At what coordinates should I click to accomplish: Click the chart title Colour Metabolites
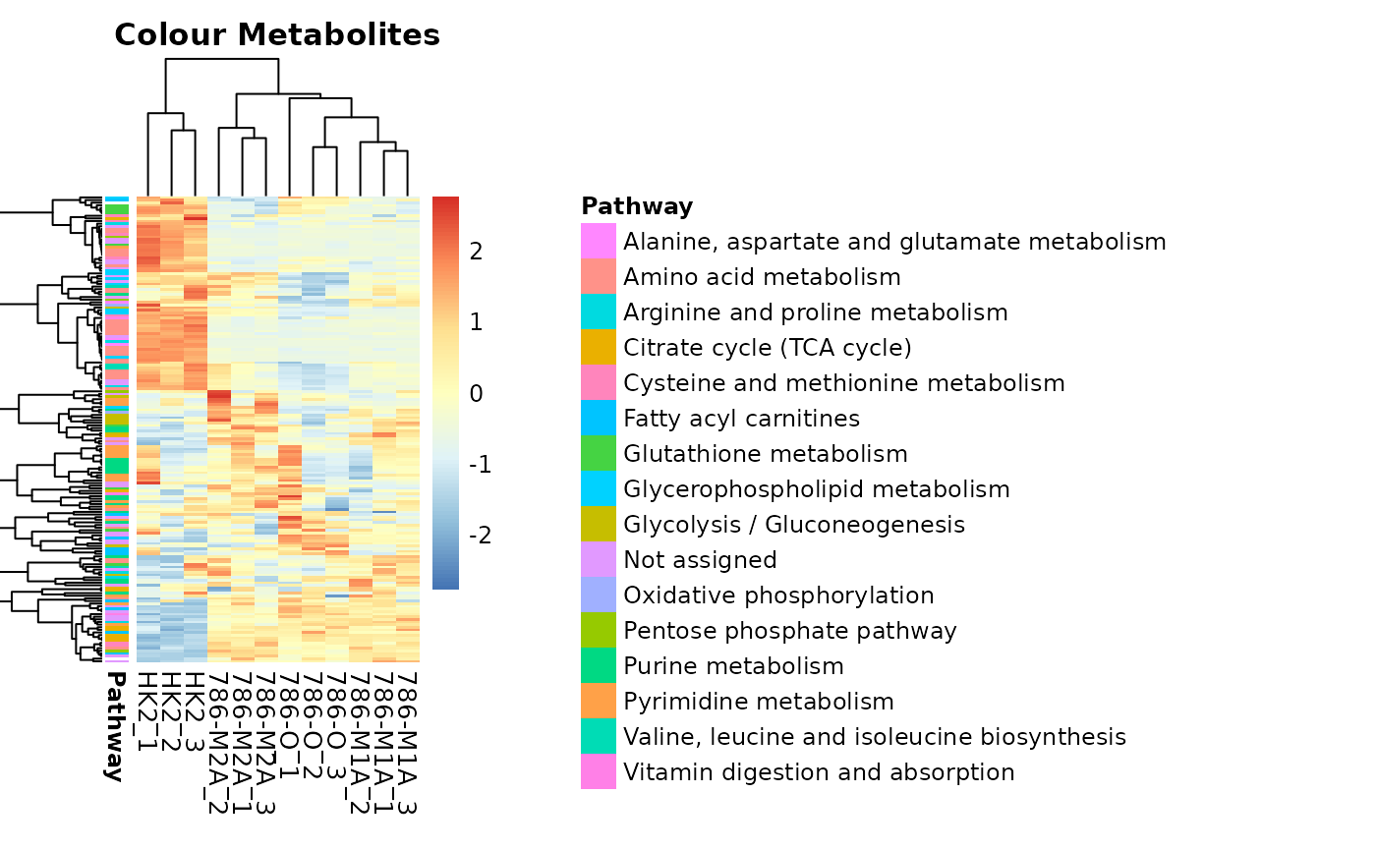[277, 35]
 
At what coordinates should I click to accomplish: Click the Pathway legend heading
[637, 206]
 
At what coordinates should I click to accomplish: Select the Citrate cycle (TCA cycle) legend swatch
[599, 348]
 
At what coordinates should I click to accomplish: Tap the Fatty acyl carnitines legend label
[741, 419]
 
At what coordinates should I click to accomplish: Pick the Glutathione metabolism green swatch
[599, 454]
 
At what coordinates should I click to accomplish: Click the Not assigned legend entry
[700, 560]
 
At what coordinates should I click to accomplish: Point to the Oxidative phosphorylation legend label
[778, 595]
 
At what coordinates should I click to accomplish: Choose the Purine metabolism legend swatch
[599, 666]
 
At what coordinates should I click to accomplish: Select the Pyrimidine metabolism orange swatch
[599, 702]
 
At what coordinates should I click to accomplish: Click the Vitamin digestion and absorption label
[819, 772]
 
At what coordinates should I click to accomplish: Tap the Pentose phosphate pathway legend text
[789, 631]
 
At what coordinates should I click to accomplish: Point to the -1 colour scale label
[479, 465]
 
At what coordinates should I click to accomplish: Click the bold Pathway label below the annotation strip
[115, 726]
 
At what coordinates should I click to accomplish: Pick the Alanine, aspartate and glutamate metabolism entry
[894, 242]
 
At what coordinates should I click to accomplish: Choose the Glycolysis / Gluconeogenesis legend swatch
[599, 525]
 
